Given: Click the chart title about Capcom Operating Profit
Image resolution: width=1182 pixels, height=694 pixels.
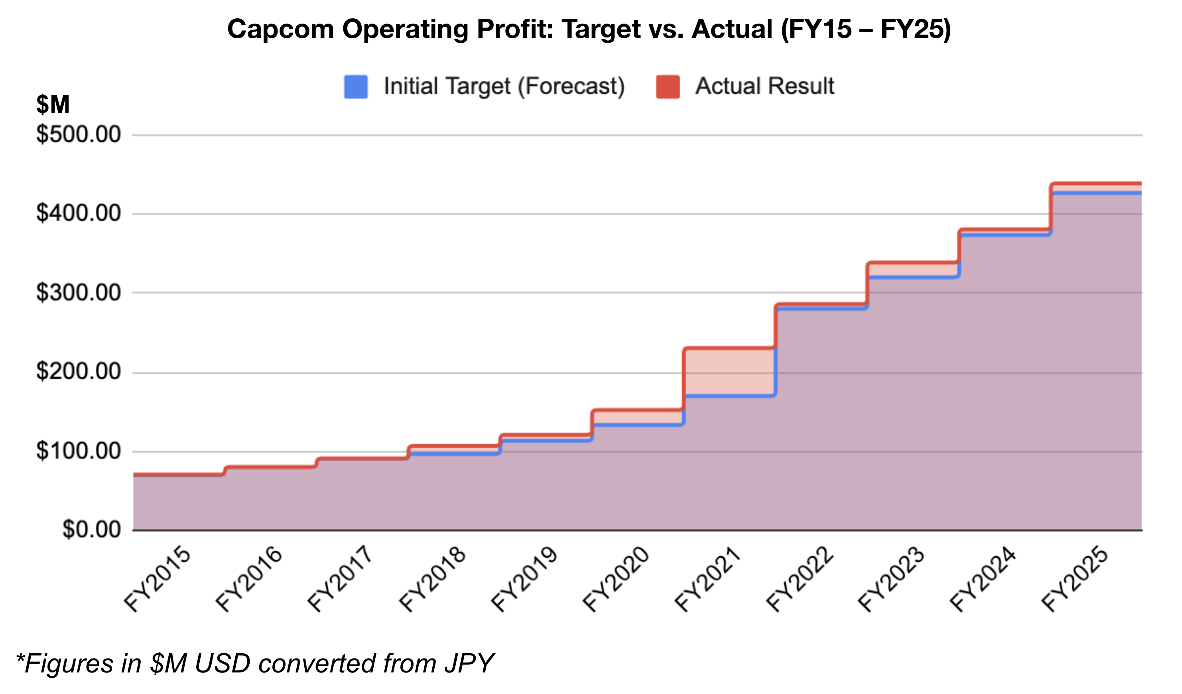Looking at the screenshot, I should [x=589, y=29].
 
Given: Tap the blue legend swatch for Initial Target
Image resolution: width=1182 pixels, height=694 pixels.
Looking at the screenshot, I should [x=356, y=87].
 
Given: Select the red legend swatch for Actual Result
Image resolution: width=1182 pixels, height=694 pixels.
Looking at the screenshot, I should [x=668, y=87].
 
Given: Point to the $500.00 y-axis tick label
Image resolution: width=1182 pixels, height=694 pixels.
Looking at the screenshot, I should [x=78, y=135].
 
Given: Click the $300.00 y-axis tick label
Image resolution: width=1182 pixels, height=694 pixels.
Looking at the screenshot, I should [x=78, y=293].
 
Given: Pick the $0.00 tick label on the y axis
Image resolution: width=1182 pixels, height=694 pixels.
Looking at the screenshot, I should [x=91, y=530].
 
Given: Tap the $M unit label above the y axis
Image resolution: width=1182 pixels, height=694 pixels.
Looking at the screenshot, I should [x=53, y=104].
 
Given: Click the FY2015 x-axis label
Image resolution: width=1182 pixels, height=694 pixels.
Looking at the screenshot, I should [x=157, y=580].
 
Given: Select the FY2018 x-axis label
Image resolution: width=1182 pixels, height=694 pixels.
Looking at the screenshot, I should [x=432, y=580].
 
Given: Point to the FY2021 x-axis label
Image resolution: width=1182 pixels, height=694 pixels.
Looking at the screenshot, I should [x=707, y=580].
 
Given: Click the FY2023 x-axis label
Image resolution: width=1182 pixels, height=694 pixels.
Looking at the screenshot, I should [x=891, y=580].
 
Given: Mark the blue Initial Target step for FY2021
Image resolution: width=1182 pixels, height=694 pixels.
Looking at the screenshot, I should [x=729, y=396].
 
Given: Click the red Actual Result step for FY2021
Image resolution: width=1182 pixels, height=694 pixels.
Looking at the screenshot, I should [x=729, y=348].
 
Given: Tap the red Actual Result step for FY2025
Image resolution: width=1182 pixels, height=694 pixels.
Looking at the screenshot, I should [x=1097, y=183].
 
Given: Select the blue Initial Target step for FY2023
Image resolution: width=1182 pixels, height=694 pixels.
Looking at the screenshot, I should [x=913, y=277].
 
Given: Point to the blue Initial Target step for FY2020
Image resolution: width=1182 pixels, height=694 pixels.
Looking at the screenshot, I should [x=638, y=425].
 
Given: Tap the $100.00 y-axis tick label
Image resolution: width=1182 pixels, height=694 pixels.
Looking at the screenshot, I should [x=78, y=451].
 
